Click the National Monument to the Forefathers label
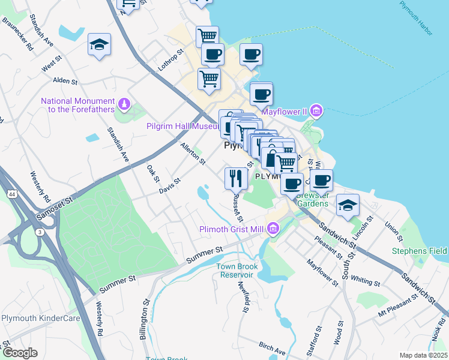click(79, 104)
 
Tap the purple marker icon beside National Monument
click(124, 104)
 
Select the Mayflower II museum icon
click(317, 110)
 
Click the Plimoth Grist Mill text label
click(232, 229)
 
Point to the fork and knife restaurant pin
click(235, 178)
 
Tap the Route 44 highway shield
click(11, 194)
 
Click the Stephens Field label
click(420, 250)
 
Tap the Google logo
click(20, 352)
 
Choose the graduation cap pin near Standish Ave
click(100, 46)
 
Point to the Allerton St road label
click(193, 154)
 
